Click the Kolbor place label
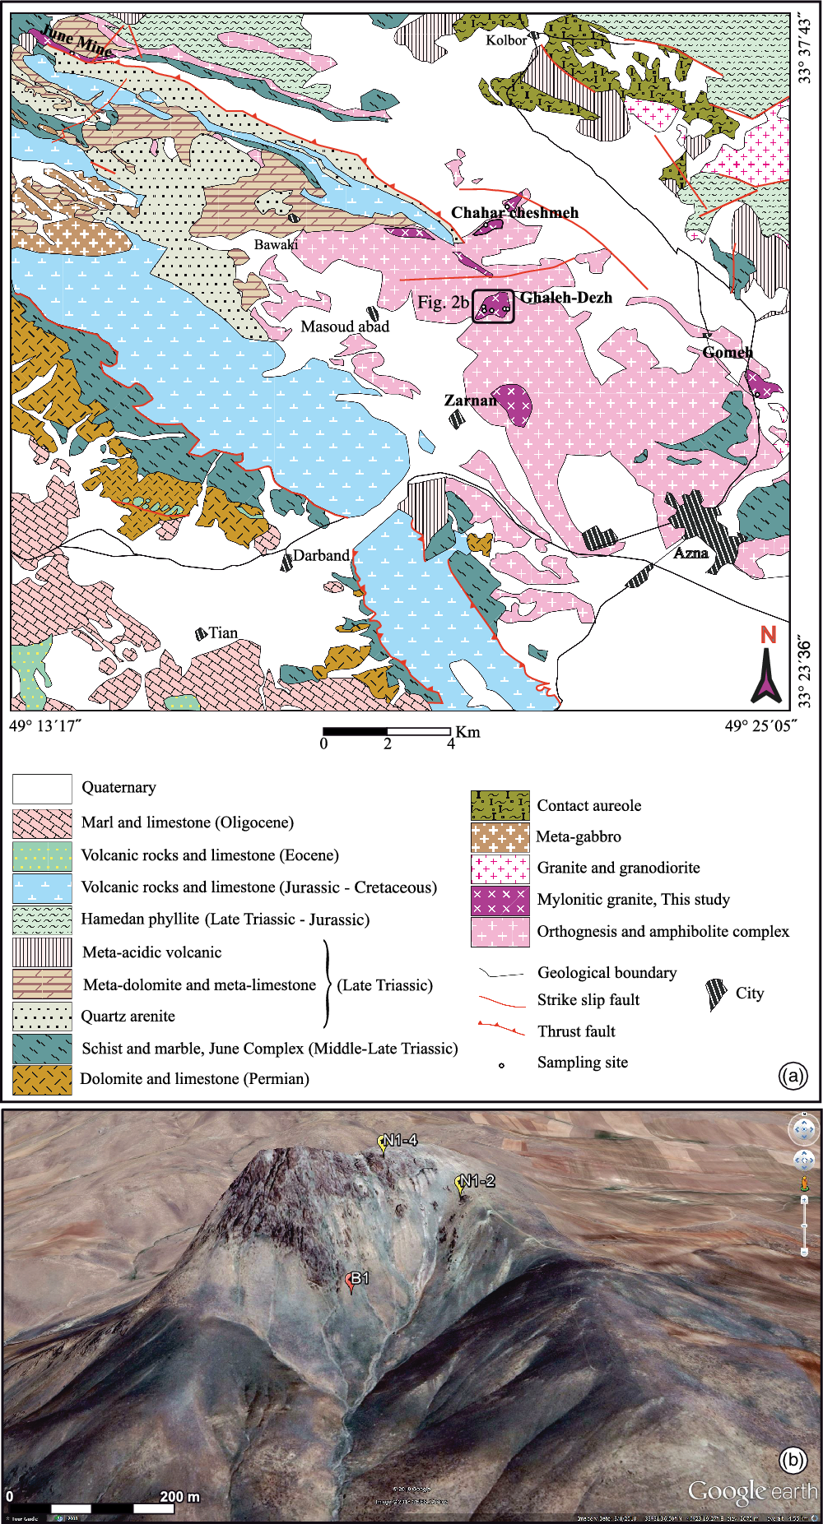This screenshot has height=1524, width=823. tap(505, 39)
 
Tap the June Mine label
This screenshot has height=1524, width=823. tap(77, 41)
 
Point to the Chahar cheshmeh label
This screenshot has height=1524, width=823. tap(514, 212)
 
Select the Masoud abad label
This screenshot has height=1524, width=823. tap(344, 327)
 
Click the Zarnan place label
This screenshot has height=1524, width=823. tap(470, 401)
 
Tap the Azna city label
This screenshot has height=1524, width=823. tap(690, 553)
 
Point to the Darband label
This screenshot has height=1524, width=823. tap(321, 555)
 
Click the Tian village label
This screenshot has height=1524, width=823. tap(222, 632)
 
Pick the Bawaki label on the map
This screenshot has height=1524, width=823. tap(276, 244)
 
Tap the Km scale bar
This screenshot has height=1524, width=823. tap(387, 731)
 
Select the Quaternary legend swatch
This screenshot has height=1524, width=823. tap(42, 789)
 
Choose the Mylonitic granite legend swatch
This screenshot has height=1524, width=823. tap(500, 900)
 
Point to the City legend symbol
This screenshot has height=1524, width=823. tap(716, 994)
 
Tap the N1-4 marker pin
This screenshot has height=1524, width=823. tap(383, 1143)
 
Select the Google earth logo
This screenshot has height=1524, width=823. tap(752, 1490)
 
